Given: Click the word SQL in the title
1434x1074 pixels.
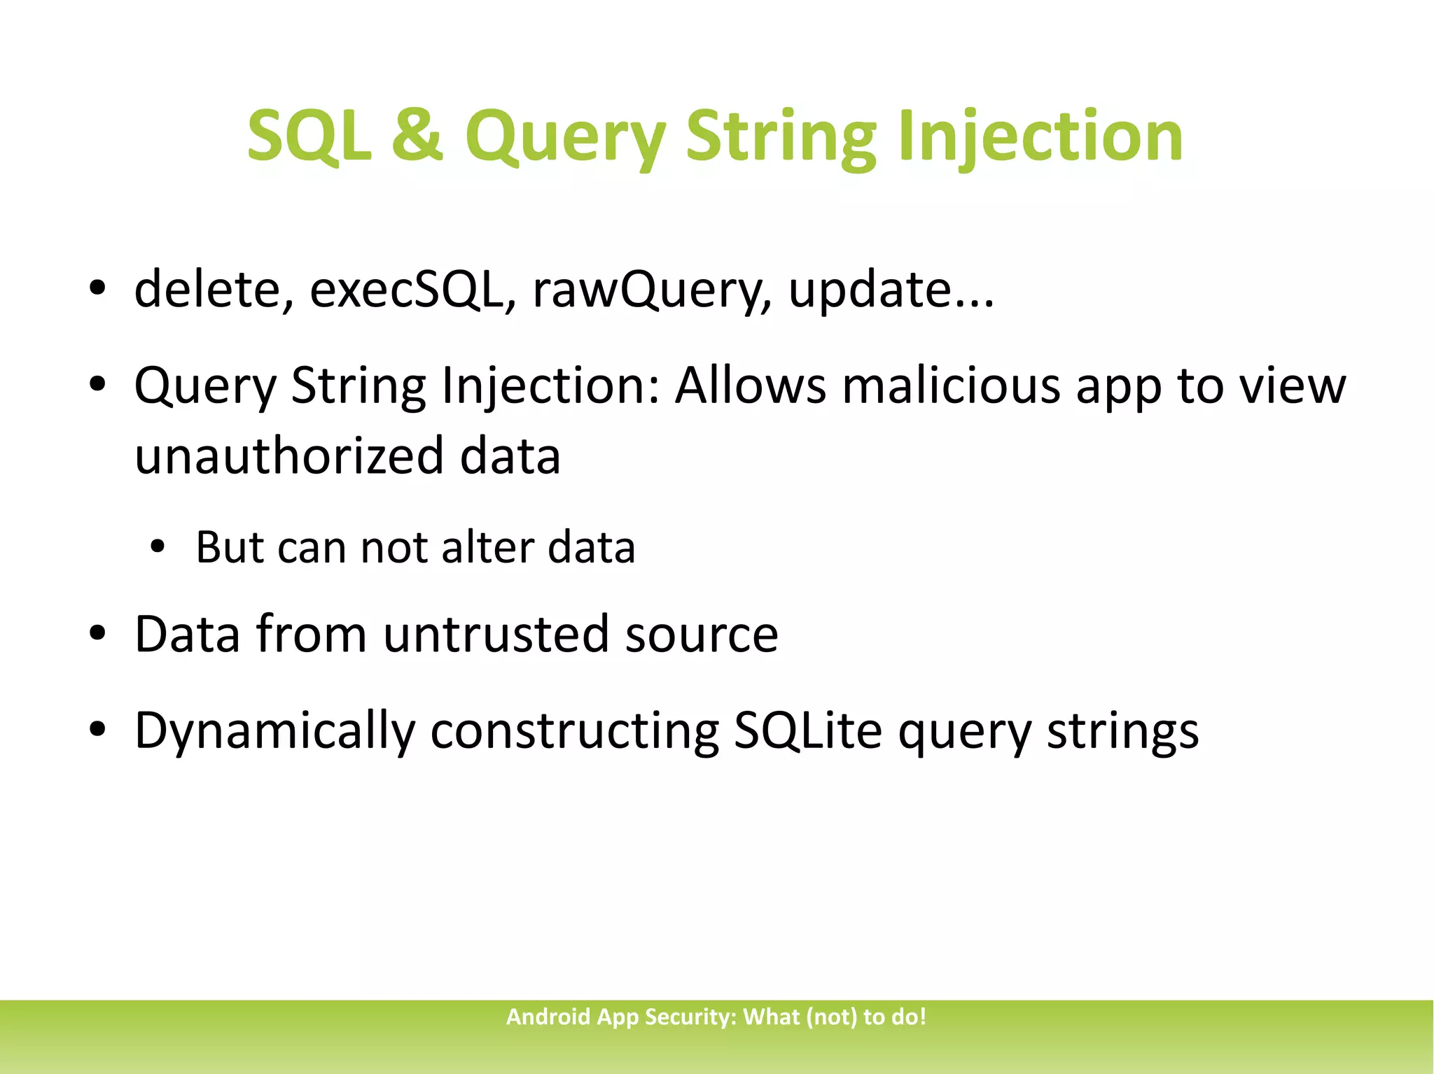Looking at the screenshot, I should click(309, 136).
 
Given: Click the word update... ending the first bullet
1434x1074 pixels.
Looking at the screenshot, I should click(891, 290).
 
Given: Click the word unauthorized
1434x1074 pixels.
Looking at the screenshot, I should click(289, 455).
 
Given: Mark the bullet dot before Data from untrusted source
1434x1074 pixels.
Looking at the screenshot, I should click(97, 635).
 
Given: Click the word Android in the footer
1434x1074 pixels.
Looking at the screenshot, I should click(548, 1017).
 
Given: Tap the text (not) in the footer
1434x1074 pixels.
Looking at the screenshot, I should click(832, 1017).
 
